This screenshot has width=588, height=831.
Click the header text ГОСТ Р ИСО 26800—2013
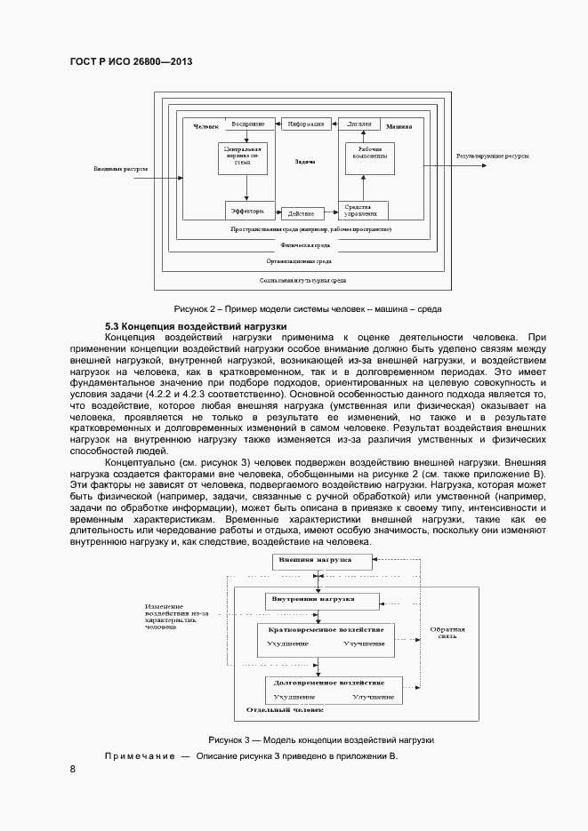[131, 61]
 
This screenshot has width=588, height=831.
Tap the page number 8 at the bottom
[72, 769]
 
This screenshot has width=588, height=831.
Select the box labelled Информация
[306, 124]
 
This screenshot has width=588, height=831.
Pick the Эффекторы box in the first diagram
[248, 211]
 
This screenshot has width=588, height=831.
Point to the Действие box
[301, 212]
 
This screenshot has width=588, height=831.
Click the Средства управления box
[360, 211]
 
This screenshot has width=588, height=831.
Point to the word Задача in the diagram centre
[305, 163]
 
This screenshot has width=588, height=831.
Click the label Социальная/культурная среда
[302, 279]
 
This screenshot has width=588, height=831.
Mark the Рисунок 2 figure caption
[308, 308]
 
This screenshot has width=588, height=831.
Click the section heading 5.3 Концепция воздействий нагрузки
[189, 326]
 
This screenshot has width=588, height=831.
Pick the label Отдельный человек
[285, 711]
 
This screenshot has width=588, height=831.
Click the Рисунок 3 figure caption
[320, 739]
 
